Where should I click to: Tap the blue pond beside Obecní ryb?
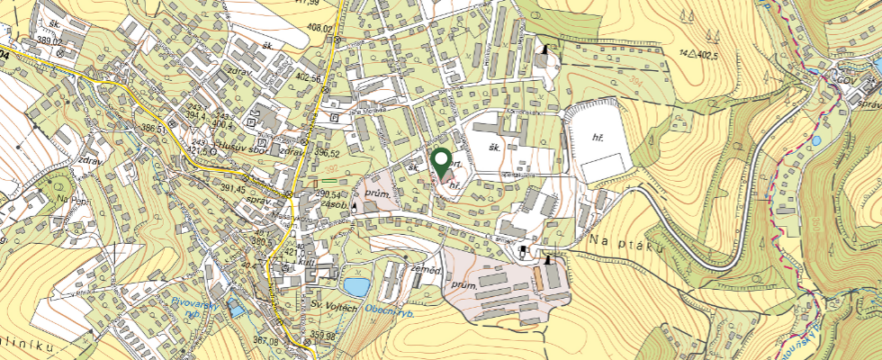pos(356,287)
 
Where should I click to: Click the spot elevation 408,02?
pos(319,29)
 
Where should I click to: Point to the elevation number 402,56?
pos(307,78)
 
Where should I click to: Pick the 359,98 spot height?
pos(322,336)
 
